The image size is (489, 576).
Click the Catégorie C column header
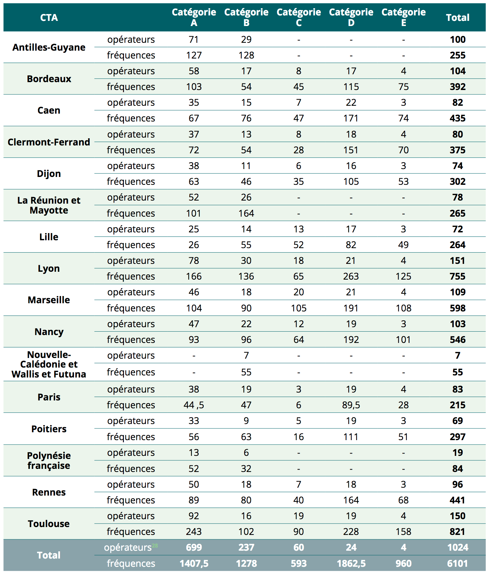(299, 17)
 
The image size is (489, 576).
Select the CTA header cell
(49, 18)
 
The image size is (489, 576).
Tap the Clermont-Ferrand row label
(49, 142)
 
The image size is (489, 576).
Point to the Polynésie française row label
(49, 461)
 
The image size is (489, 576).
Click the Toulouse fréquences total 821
(457, 532)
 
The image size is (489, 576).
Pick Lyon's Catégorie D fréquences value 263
(351, 276)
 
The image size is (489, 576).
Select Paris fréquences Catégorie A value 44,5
(194, 405)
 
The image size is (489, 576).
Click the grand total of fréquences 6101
(457, 563)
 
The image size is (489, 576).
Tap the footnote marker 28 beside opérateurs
(155, 546)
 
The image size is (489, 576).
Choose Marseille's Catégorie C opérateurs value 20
(299, 292)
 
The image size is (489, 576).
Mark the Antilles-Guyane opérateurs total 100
(457, 39)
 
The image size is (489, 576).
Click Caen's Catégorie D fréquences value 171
(351, 118)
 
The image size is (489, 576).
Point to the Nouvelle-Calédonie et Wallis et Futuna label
(49, 364)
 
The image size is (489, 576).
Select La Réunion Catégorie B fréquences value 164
(246, 213)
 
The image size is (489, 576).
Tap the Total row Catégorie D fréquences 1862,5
(351, 563)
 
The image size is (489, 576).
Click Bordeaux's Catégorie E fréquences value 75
(403, 87)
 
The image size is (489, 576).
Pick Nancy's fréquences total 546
(457, 340)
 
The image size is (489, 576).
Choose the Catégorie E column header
(403, 17)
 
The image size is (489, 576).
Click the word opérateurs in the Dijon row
(131, 166)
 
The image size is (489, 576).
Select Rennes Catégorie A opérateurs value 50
(194, 484)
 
